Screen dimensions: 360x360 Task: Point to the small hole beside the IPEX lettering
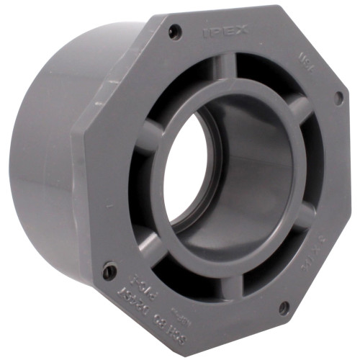tap(174, 31)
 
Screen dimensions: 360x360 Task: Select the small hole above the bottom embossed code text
tap(109, 272)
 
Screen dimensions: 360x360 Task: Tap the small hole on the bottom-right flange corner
tap(283, 307)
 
